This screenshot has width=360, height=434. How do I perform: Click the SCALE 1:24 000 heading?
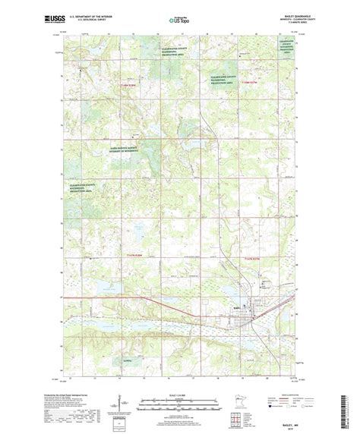[x=179, y=392]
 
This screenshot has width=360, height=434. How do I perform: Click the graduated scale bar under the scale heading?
[x=179, y=400]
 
